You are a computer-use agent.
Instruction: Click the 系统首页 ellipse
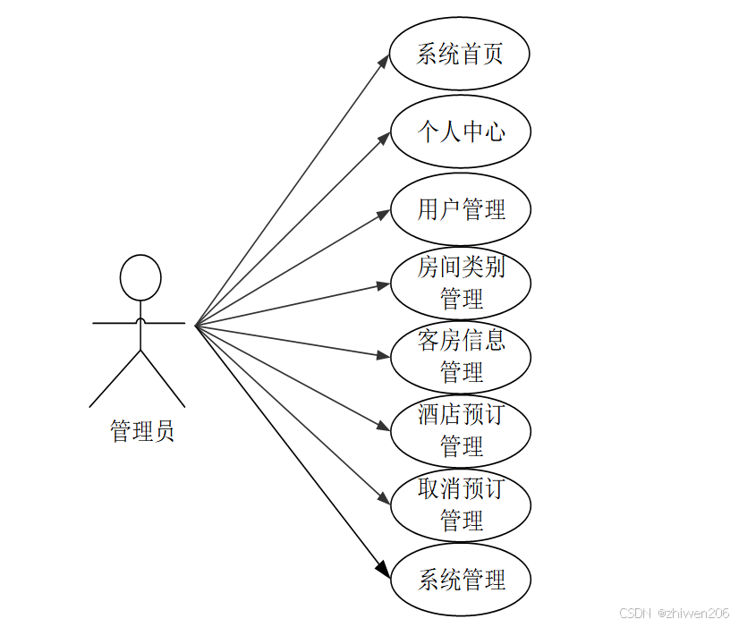coord(460,55)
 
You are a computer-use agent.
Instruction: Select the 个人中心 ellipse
coord(460,132)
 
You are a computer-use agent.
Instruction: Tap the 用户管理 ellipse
coord(460,209)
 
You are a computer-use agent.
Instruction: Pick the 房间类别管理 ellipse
coord(460,284)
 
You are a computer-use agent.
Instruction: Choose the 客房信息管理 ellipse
coord(460,357)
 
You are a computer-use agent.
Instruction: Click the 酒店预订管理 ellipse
coord(460,431)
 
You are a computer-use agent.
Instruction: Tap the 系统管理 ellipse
coord(460,580)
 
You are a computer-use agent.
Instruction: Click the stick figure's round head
coord(140,277)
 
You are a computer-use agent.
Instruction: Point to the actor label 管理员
coord(141,431)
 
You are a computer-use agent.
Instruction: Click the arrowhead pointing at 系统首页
coord(384,60)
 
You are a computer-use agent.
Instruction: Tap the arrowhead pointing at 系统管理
coord(384,572)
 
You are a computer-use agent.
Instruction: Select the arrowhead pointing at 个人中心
coord(384,137)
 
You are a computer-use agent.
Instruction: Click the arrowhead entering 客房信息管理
coord(383,356)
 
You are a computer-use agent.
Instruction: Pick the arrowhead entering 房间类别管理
coord(383,285)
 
